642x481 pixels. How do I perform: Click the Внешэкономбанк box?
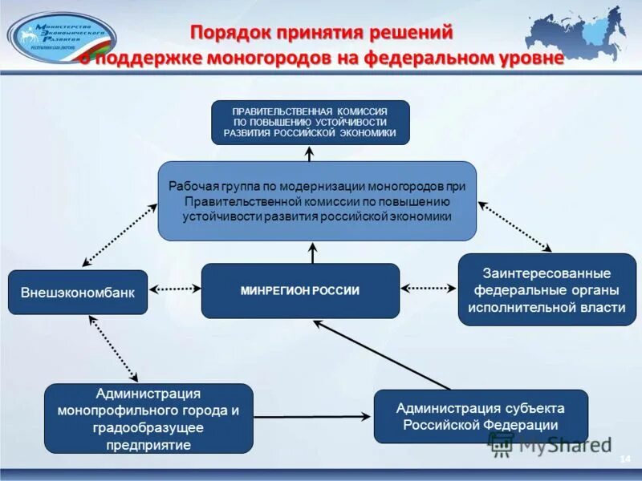[x=78, y=292]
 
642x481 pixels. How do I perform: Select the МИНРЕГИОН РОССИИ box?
[x=300, y=290]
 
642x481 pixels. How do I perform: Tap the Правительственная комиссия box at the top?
[x=310, y=122]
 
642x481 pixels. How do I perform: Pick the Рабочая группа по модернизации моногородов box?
[x=317, y=200]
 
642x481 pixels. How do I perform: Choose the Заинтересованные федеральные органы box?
[x=547, y=289]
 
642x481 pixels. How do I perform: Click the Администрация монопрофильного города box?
[x=148, y=418]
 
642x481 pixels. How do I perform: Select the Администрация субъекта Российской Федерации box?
[x=481, y=416]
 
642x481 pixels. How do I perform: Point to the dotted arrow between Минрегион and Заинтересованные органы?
[x=429, y=287]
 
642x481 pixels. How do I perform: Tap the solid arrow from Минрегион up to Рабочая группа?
[x=312, y=253]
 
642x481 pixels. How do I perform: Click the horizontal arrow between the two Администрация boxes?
[x=313, y=416]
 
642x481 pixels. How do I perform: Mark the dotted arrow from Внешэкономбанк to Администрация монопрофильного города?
[x=113, y=349]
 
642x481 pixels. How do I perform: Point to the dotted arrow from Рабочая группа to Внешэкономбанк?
[x=120, y=235]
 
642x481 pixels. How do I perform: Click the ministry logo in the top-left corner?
[x=62, y=38]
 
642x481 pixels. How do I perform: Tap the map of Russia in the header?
[x=582, y=36]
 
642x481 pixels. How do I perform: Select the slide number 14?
[x=624, y=457]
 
